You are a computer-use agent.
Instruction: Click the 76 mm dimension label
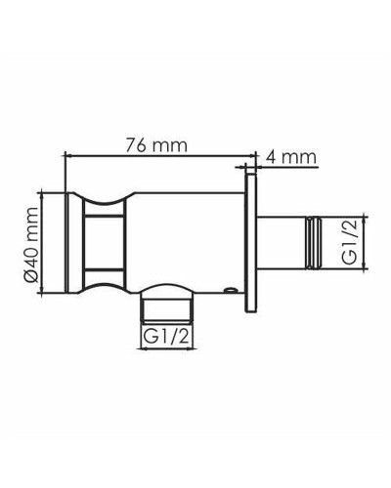click(x=155, y=144)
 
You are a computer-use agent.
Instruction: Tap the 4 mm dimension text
click(x=293, y=154)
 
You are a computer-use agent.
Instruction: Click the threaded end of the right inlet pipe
click(x=316, y=244)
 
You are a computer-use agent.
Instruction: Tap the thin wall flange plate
click(x=252, y=244)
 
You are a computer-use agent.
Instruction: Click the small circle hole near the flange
click(x=229, y=291)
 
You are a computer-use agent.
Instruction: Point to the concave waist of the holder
click(x=107, y=244)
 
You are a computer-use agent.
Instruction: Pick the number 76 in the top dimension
click(x=139, y=144)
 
